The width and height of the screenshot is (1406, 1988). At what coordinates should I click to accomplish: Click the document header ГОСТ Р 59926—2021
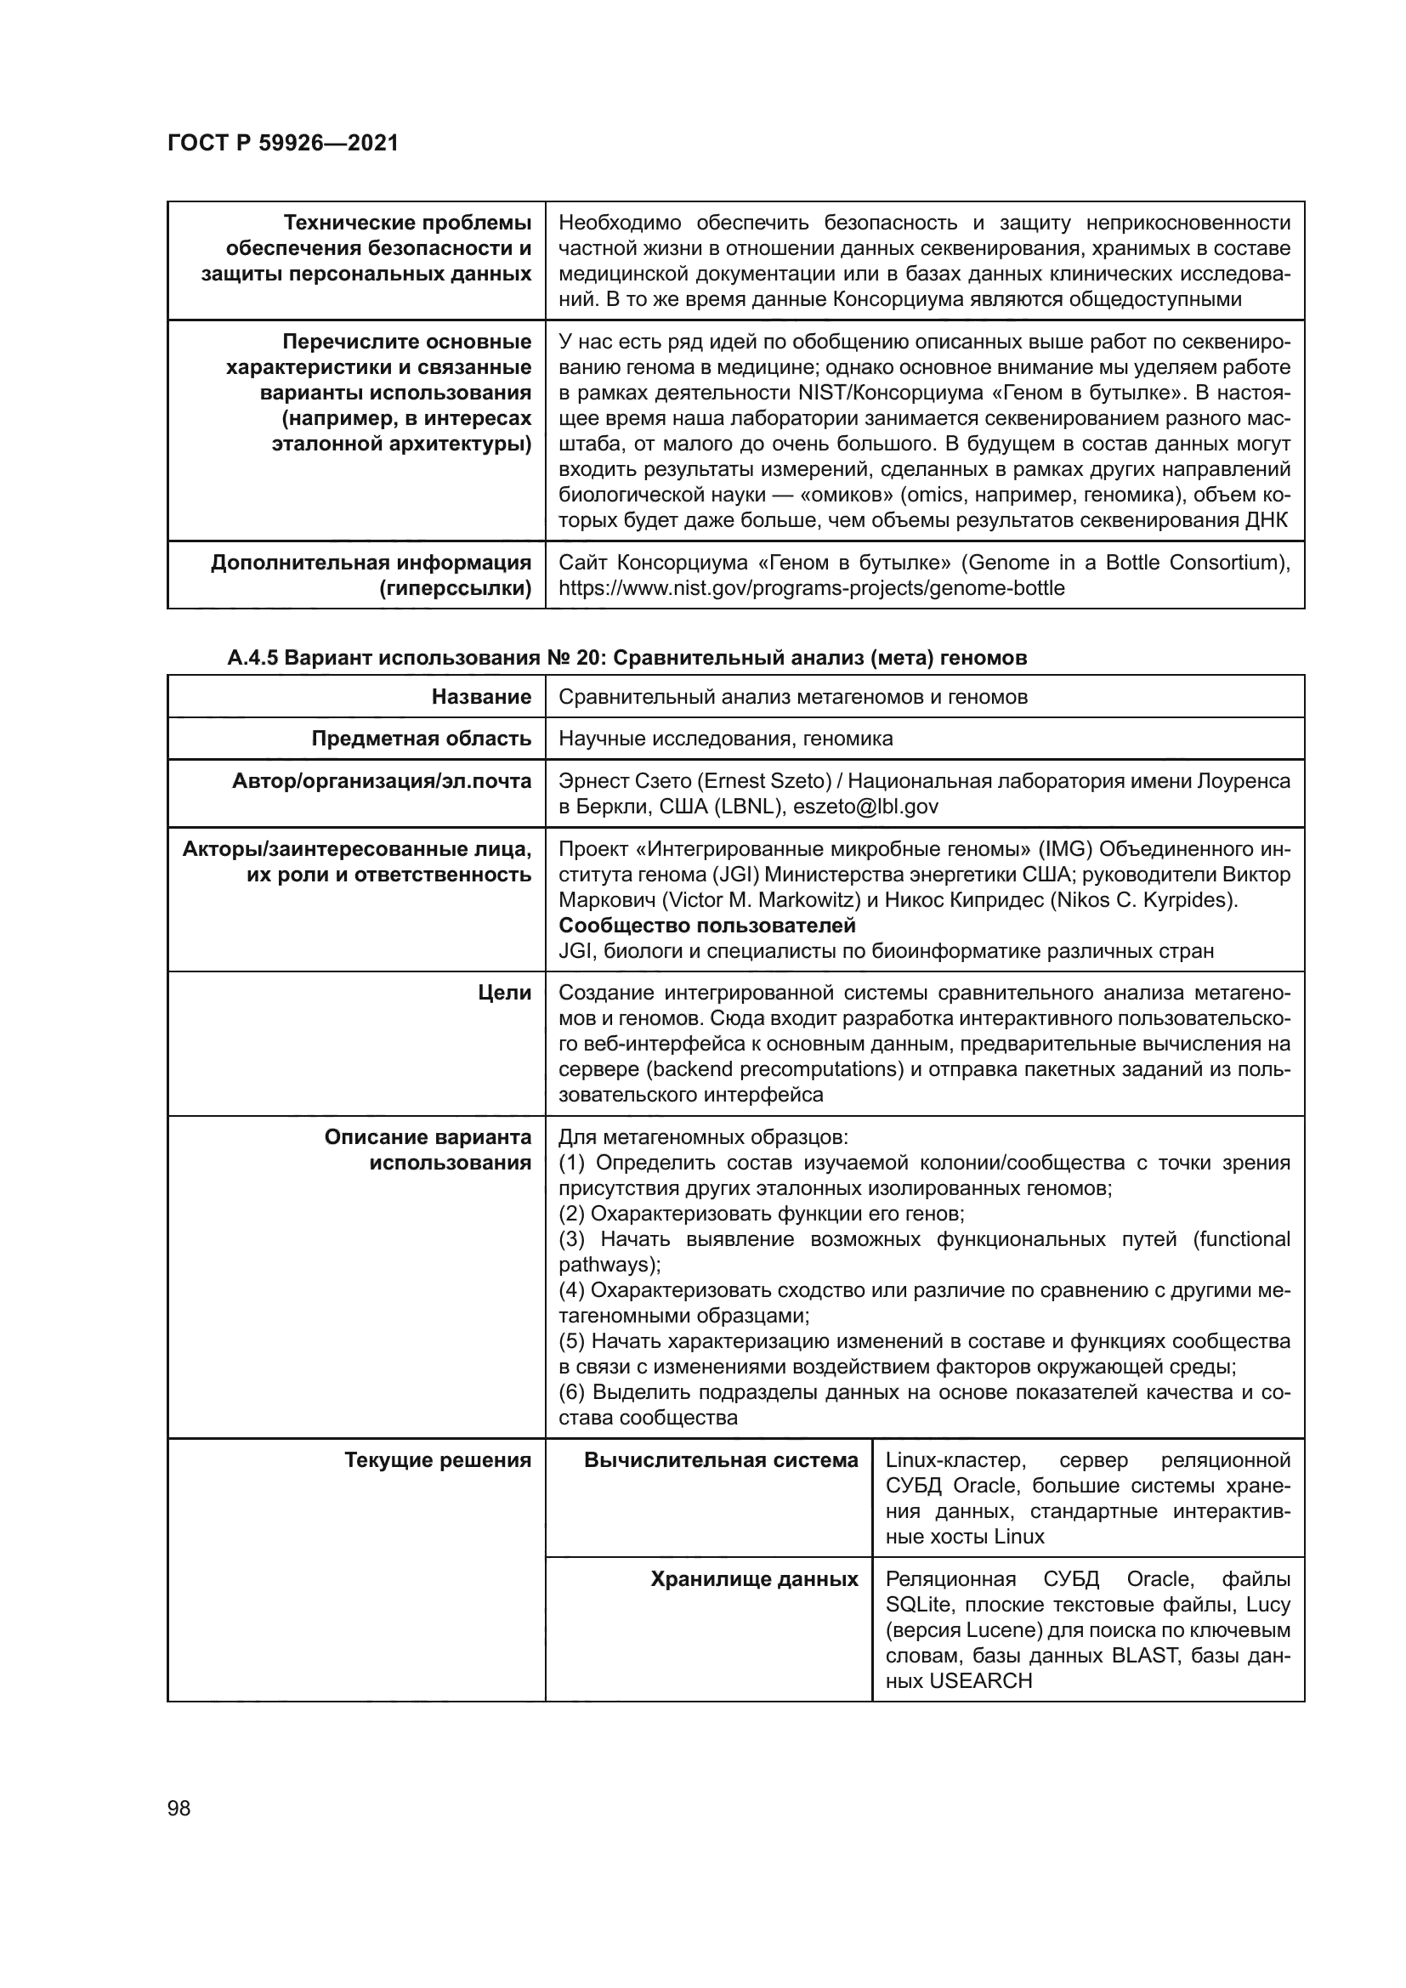(x=282, y=143)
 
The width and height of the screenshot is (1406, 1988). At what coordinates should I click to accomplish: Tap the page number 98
(x=179, y=1808)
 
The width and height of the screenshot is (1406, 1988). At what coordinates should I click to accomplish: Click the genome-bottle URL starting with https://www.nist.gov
(x=811, y=588)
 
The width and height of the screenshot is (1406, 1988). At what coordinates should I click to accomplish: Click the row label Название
(x=481, y=696)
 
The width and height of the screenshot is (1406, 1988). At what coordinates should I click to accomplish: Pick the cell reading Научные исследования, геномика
(x=725, y=739)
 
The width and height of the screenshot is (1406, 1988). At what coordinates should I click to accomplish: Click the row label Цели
(x=505, y=993)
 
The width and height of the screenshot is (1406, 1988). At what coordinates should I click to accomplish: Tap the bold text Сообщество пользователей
(x=706, y=926)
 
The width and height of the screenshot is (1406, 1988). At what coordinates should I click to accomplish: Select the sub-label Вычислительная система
(x=720, y=1460)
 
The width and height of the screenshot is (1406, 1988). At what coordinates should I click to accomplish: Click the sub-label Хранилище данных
(x=754, y=1578)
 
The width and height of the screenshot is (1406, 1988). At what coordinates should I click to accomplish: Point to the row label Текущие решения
(x=437, y=1460)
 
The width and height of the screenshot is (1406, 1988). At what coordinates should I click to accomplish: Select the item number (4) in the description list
(x=572, y=1290)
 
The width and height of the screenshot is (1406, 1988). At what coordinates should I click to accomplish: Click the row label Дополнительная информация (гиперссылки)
(x=371, y=575)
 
